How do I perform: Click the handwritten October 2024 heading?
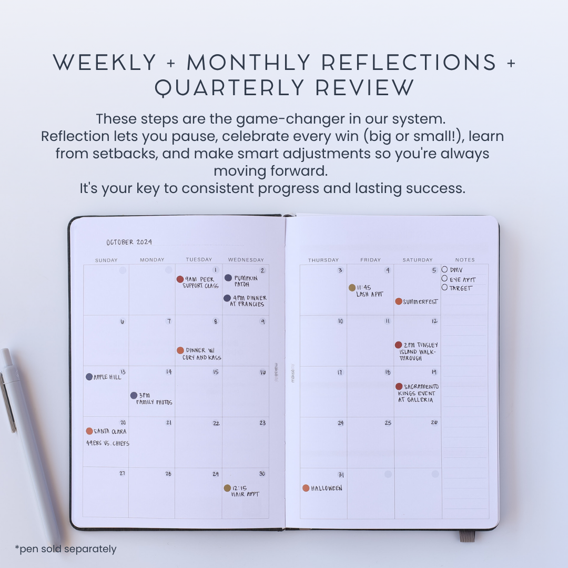[129, 242]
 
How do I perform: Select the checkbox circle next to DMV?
[444, 269]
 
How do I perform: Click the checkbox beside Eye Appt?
[444, 278]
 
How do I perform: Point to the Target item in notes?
[461, 288]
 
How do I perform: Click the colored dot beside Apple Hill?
[89, 377]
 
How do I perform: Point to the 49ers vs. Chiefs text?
[107, 443]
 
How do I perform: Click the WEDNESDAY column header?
[246, 260]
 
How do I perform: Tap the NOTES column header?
[465, 260]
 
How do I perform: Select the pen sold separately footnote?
[66, 549]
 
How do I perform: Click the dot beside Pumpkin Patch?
[228, 278]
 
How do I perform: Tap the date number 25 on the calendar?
[388, 423]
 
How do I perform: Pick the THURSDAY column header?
[323, 260]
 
